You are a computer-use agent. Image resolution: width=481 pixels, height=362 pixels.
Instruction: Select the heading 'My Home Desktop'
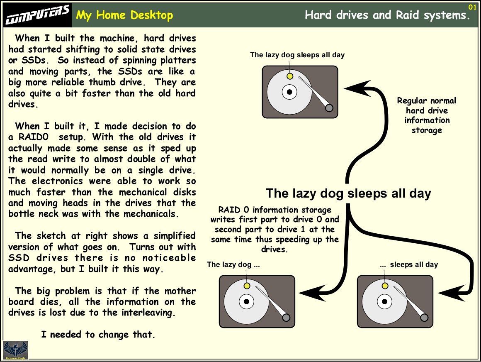tap(125, 16)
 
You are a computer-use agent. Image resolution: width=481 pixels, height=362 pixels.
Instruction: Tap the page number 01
tap(472, 7)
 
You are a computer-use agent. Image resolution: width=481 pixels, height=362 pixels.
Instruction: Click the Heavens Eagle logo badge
tap(15, 350)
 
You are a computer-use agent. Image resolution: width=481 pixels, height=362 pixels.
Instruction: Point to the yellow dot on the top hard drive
tap(290, 76)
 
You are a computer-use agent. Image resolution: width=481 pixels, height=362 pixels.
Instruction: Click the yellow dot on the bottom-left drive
tap(247, 286)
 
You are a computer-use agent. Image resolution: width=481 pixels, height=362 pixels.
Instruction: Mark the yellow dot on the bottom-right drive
tap(385, 286)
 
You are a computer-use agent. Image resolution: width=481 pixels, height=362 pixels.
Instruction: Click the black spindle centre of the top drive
tap(290, 92)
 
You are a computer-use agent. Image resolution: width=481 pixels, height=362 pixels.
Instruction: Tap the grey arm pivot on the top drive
tap(329, 108)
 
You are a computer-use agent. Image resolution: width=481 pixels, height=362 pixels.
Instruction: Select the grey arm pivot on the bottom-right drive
tap(424, 318)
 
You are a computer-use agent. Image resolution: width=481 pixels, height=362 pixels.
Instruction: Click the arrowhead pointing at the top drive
tap(355, 88)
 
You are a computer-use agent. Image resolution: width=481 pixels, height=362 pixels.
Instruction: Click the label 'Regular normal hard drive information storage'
tap(427, 115)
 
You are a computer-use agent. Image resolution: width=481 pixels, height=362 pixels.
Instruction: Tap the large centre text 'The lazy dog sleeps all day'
tap(348, 193)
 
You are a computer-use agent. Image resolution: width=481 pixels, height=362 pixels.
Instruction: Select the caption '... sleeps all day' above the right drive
tap(409, 264)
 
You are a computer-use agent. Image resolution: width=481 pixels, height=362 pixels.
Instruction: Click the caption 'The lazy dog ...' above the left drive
tap(233, 264)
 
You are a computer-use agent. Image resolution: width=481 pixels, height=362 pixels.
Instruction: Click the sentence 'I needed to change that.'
tap(98, 335)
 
